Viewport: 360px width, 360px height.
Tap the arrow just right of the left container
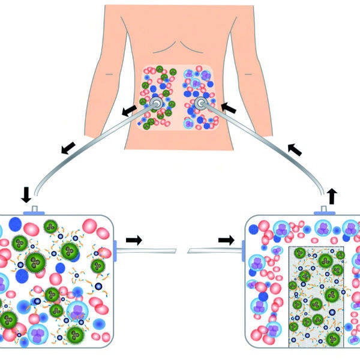(x=134, y=240)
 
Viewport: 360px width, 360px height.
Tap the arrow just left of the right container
(x=226, y=240)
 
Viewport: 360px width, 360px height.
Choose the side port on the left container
(x=115, y=247)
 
